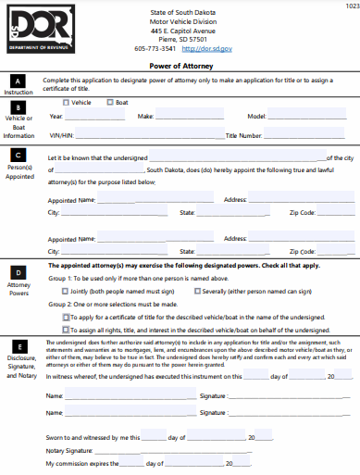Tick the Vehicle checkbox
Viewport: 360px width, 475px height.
click(66, 102)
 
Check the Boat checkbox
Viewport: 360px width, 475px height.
click(108, 102)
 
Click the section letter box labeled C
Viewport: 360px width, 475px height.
click(19, 158)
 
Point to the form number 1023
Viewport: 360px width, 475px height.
click(351, 6)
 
